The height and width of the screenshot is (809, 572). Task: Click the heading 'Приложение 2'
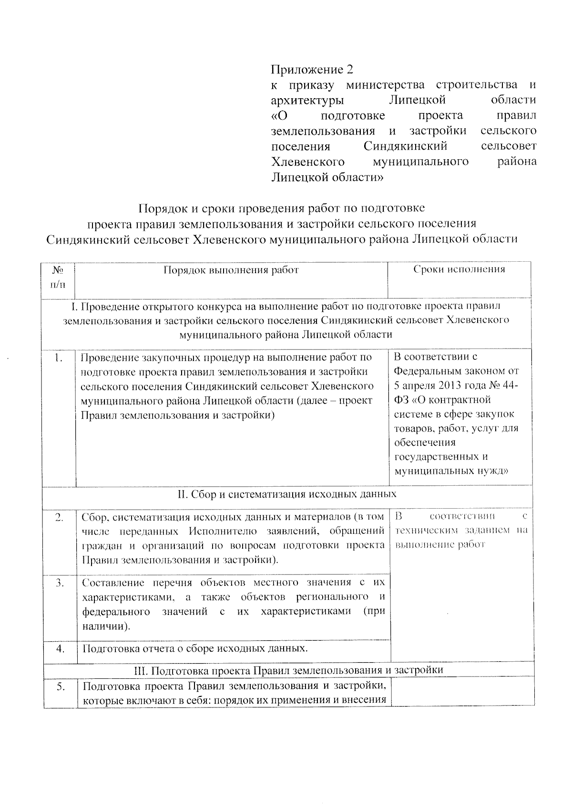coord(312,70)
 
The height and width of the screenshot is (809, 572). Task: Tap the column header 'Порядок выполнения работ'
coord(231,270)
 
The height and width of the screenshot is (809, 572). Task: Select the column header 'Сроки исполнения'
coord(459,269)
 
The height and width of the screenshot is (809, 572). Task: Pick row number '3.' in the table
coord(60,583)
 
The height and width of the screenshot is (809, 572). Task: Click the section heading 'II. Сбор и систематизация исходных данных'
coord(287,494)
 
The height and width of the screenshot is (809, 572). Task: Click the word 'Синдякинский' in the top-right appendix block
coord(405,146)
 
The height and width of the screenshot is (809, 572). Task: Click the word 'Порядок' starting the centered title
coord(160,208)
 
